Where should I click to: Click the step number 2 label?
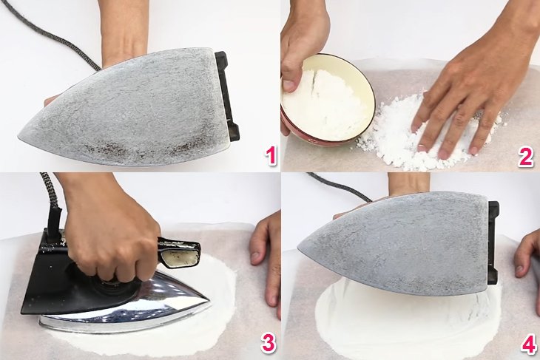[x=526, y=156]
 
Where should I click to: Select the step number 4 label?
[x=526, y=342]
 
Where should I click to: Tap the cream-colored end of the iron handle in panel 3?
[x=180, y=257]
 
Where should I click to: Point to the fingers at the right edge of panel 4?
[x=527, y=255]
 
